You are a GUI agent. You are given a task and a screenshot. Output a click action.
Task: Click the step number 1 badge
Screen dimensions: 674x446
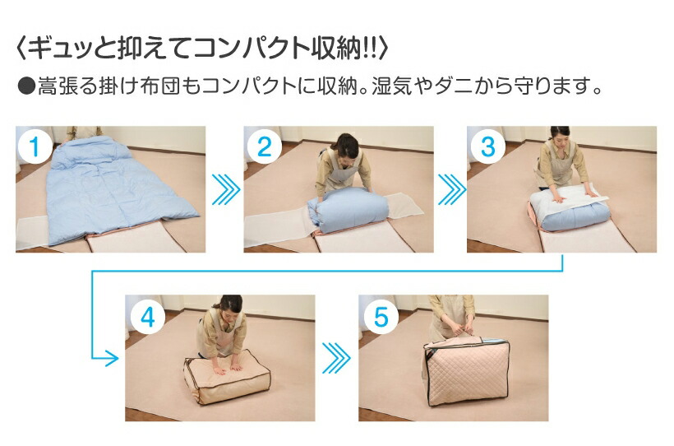35,146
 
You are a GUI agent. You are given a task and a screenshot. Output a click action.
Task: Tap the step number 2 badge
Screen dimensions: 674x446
265,146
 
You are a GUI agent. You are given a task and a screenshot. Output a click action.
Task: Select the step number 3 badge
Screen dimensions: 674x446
488,146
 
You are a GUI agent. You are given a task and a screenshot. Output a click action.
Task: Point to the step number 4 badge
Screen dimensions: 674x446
148,317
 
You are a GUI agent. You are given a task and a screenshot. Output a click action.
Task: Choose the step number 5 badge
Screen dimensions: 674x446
381,317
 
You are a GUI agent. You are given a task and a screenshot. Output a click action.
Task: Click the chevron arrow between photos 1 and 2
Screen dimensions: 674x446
226,189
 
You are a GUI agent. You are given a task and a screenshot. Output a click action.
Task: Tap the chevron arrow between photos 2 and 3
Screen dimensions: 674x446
452,189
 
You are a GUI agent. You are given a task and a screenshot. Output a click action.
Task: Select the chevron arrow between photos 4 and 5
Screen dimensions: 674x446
336,358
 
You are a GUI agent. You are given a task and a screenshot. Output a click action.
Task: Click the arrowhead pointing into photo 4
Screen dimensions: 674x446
113,358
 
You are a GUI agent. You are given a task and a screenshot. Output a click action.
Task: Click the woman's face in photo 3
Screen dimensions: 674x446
559,137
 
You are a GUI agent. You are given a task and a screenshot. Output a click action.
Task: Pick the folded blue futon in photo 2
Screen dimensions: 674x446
349,209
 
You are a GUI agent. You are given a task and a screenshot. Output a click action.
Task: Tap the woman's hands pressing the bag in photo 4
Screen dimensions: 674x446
228,369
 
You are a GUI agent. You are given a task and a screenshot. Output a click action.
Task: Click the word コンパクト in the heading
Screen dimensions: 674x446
252,49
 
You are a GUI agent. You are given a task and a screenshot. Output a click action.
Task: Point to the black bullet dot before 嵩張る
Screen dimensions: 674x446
26,86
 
